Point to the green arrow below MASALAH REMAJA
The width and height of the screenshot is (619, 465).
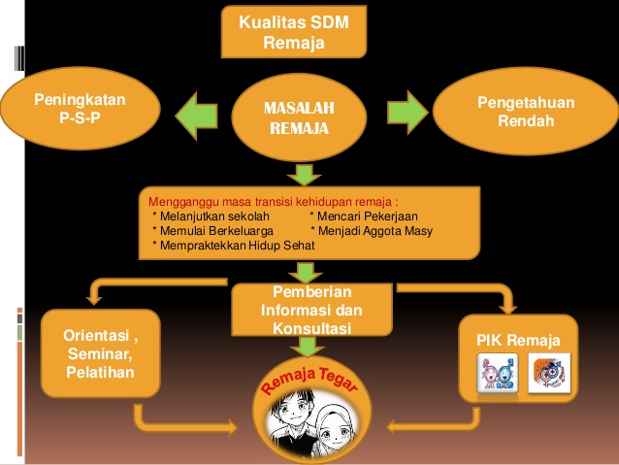[x=304, y=174]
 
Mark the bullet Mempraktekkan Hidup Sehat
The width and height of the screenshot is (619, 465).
[x=234, y=246]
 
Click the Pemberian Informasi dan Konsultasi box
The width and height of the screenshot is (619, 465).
[x=305, y=310]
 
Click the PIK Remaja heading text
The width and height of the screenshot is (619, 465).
[x=513, y=339]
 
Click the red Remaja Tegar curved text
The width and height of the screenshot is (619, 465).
[x=309, y=381]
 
